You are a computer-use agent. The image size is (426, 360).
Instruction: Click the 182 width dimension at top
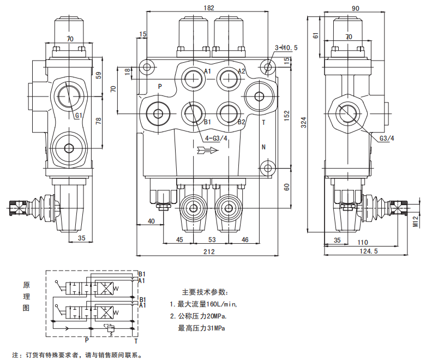(x=209, y=8)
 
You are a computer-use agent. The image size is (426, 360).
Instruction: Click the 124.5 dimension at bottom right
(x=369, y=251)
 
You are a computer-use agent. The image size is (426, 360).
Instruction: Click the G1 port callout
(x=79, y=116)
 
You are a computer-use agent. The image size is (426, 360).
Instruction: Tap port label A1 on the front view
(x=208, y=71)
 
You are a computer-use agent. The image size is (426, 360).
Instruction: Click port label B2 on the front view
(x=241, y=122)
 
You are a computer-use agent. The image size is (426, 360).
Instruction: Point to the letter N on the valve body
(x=263, y=147)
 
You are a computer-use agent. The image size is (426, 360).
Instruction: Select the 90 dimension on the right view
(x=355, y=8)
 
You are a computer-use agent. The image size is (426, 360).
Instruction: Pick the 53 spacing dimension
(x=212, y=239)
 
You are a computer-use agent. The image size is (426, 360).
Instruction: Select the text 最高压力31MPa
(x=201, y=328)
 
